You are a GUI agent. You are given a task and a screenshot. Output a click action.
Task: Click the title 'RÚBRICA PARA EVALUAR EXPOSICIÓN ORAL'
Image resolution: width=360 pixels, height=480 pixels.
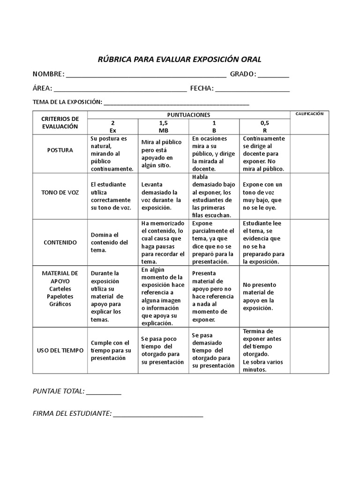tap(179, 59)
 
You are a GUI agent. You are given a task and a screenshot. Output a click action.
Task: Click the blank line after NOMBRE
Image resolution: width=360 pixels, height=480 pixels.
tap(146, 75)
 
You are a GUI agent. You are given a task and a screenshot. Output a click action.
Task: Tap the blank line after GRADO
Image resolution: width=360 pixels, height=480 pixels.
tap(273, 75)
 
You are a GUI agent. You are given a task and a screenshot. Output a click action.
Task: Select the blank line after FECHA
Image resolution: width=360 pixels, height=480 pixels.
tap(253, 90)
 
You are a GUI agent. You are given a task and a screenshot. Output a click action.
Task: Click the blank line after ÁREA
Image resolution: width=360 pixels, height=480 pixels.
tap(120, 90)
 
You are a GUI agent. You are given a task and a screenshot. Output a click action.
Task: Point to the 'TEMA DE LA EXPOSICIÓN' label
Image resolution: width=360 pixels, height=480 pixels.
tap(67, 102)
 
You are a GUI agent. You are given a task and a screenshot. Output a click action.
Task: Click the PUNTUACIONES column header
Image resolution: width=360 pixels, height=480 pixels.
tap(189, 115)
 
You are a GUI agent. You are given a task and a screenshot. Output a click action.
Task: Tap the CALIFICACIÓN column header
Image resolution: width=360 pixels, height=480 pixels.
tap(309, 114)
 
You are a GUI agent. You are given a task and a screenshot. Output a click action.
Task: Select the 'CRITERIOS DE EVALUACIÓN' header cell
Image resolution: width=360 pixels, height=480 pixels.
tap(60, 122)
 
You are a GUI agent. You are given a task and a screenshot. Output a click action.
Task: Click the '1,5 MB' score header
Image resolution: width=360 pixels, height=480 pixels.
tap(164, 127)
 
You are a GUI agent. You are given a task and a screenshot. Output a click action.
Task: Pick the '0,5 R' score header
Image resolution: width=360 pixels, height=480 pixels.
tap(265, 127)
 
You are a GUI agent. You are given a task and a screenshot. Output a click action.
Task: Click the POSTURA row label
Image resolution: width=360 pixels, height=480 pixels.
tap(60, 150)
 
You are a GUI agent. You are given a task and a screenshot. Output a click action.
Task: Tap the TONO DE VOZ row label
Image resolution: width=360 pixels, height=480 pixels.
tap(60, 193)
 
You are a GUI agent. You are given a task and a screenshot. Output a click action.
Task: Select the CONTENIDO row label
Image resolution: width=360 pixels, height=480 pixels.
tap(60, 242)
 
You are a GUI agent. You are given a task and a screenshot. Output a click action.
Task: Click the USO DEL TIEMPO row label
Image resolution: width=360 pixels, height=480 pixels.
tap(60, 350)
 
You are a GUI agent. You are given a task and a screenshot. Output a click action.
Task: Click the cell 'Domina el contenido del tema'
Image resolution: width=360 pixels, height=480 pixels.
tap(109, 242)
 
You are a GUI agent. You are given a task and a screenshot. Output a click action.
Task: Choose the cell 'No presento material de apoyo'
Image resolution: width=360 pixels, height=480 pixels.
tap(264, 296)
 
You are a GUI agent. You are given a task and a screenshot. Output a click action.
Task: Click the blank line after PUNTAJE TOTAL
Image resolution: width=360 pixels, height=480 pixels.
tap(104, 392)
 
